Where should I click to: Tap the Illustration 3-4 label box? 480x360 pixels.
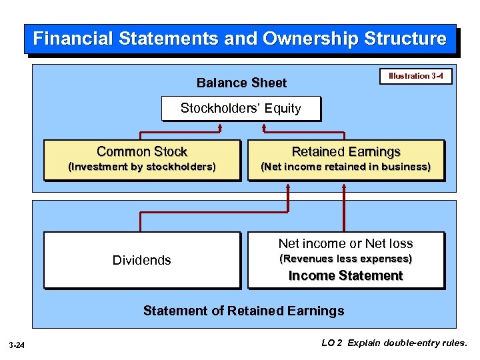pos(415,76)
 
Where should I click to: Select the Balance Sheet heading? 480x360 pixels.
pos(241,83)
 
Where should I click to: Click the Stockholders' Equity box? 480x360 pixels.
pos(241,108)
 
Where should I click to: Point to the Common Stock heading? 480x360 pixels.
pos(142,151)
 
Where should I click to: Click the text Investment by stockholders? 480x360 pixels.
pos(142,167)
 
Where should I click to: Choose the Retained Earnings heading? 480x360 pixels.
pos(345,151)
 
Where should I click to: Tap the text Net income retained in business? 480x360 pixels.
pos(345,167)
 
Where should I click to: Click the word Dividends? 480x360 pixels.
pos(142,260)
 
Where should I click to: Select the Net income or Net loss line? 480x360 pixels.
pos(345,243)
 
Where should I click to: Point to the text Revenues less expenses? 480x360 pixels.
pos(345,259)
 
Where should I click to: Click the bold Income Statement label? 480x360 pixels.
pos(345,275)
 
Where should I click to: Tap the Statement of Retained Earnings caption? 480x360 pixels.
pos(244,311)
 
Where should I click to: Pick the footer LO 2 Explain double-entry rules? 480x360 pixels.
pos(395,344)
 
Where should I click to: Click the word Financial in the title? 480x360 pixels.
pos(73,39)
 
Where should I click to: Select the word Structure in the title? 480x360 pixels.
pos(405,39)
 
